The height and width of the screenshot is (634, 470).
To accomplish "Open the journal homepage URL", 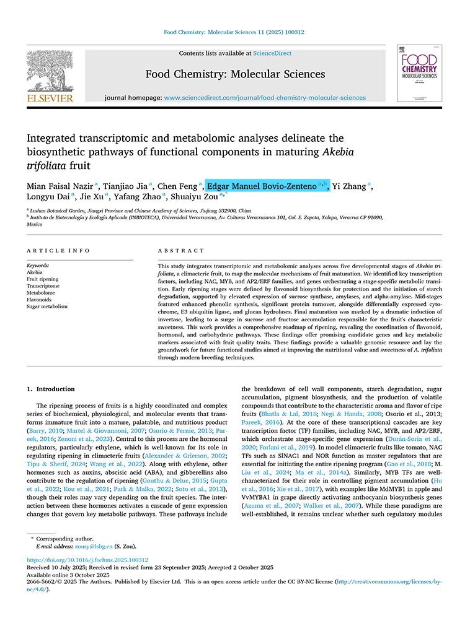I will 265,98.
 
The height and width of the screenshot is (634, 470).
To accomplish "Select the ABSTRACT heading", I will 181,251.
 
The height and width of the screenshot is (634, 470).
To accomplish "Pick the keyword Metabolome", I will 40,293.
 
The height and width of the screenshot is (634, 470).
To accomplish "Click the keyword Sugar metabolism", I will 47,306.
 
